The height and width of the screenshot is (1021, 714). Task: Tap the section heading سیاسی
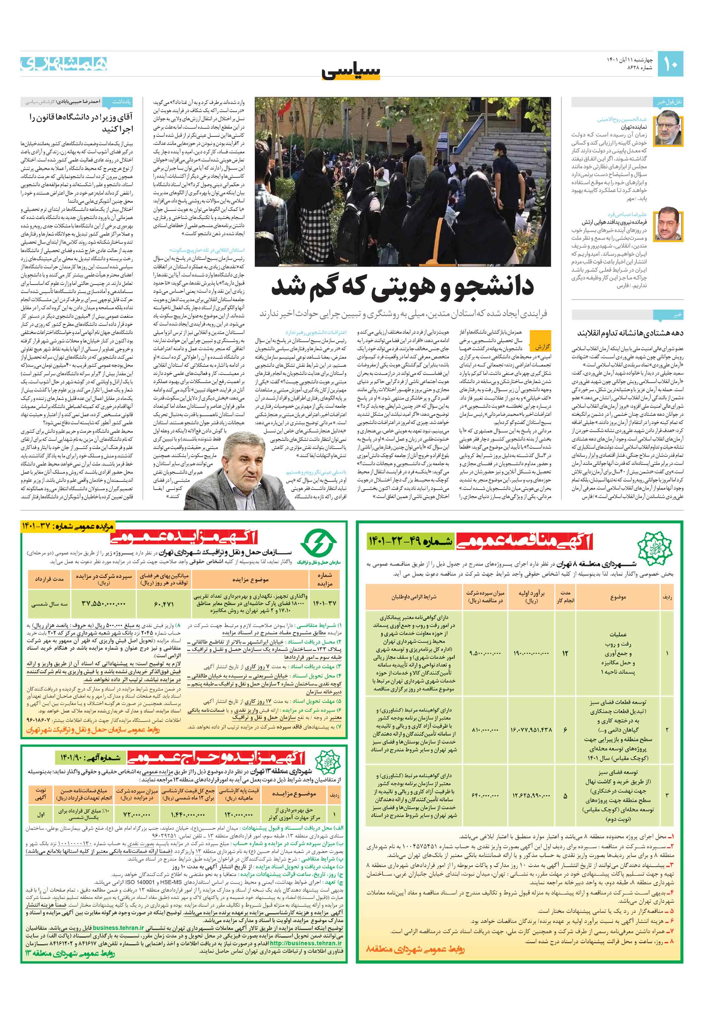(351, 71)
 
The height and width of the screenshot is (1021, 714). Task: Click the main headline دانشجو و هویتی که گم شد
(402, 286)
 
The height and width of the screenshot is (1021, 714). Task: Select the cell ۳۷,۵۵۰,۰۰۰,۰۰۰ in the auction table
(104, 604)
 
